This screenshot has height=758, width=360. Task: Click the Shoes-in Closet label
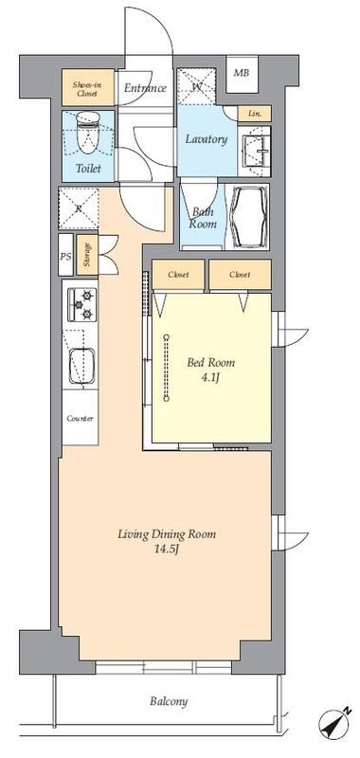(87, 88)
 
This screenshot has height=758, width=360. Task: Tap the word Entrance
(145, 88)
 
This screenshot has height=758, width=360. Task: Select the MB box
(242, 74)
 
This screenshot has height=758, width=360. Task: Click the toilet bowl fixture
(88, 132)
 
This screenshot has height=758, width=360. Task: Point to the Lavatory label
(207, 139)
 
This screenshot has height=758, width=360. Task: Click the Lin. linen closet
(254, 114)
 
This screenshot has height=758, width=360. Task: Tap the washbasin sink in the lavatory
(256, 151)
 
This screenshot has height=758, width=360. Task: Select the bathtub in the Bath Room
(249, 216)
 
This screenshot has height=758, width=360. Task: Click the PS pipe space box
(65, 255)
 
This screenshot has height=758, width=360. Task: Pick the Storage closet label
(87, 255)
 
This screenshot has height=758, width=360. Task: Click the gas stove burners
(81, 304)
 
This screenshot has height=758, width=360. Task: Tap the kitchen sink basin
(81, 367)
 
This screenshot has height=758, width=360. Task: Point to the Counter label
(81, 419)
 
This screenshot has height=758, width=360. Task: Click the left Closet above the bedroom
(178, 275)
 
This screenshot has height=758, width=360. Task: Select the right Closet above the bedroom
(240, 275)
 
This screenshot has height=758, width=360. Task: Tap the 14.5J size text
(167, 550)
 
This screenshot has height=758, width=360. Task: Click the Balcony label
(169, 701)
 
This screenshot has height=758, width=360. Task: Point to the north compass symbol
(334, 724)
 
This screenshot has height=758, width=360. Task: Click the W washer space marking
(196, 86)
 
